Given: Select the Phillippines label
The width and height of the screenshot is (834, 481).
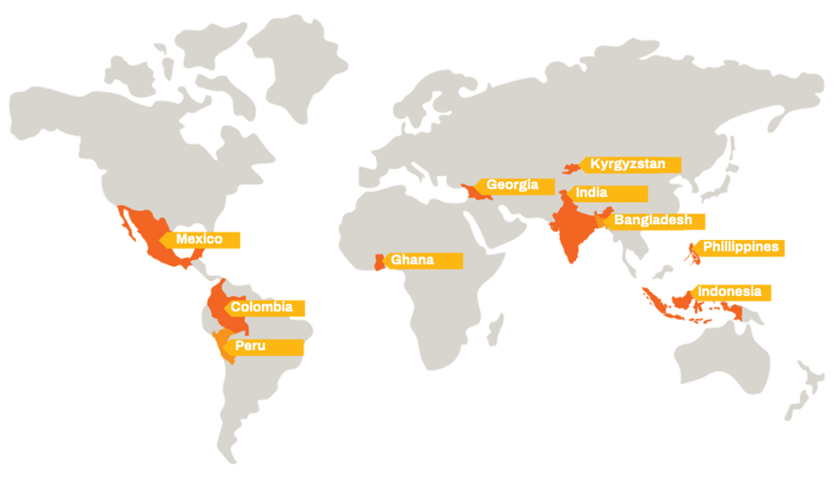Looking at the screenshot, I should coord(740,247).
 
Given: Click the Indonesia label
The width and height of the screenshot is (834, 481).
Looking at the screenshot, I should coord(730,293).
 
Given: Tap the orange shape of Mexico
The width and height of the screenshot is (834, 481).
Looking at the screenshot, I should coord(149,233).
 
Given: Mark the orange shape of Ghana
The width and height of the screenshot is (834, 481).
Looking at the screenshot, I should coord(379,262).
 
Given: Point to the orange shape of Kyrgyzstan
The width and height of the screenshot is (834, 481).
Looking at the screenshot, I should coord(571,168).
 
